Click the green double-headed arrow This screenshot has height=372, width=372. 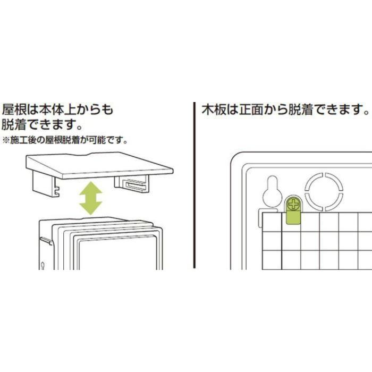(90, 198)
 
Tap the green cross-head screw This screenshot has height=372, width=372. (293, 204)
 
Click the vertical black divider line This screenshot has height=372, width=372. (194, 186)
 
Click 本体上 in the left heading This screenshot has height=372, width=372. (63, 110)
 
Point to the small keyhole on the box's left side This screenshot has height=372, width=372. (42, 264)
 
